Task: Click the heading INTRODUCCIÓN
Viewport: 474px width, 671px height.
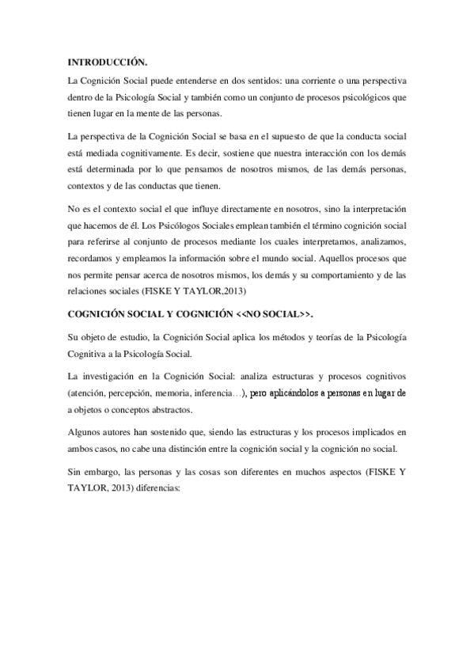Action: click(x=108, y=61)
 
